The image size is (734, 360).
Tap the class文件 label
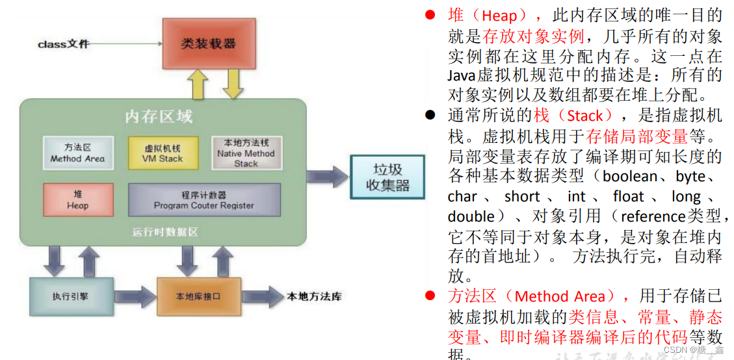pyautogui.click(x=63, y=44)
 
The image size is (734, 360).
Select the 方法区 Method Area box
pyautogui.click(x=78, y=153)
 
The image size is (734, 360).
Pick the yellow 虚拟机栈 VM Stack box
pyautogui.click(x=163, y=153)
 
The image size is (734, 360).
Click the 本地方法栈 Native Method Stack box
pyautogui.click(x=246, y=153)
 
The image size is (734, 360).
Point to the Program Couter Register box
pyautogui.click(x=204, y=199)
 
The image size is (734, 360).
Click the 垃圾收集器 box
pyautogui.click(x=387, y=177)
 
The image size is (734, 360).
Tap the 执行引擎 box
pyautogui.click(x=71, y=296)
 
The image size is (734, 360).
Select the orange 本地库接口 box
pyautogui.click(x=198, y=296)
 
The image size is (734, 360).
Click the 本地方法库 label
pyautogui.click(x=314, y=297)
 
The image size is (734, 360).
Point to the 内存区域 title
pyautogui.click(x=159, y=117)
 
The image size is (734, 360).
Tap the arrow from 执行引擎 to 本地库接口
pyautogui.click(x=135, y=296)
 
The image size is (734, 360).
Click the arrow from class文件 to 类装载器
pyautogui.click(x=127, y=44)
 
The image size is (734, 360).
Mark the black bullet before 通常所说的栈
pyautogui.click(x=430, y=116)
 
